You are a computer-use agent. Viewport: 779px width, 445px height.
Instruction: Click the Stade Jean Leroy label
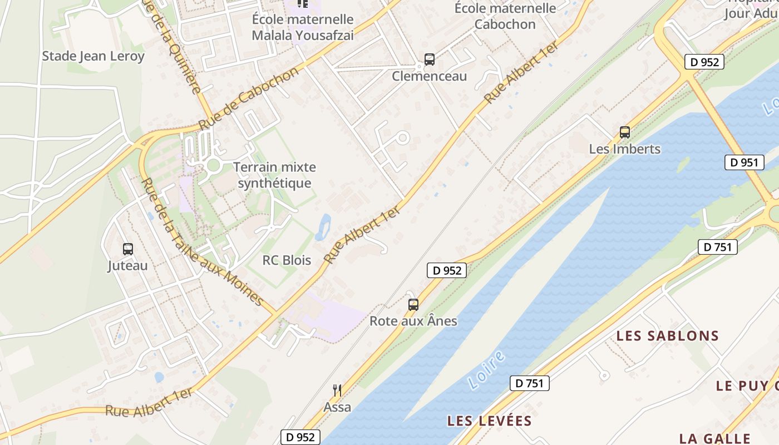93,56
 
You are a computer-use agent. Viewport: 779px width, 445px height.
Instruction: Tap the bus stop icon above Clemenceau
429,60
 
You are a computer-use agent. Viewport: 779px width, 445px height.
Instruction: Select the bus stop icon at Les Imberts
625,132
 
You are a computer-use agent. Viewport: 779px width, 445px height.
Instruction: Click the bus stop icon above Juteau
128,249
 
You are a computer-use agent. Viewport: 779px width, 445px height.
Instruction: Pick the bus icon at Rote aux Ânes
413,305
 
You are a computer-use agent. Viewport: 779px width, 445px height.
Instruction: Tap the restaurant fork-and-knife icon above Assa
337,390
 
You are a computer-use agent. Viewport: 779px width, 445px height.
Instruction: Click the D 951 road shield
744,162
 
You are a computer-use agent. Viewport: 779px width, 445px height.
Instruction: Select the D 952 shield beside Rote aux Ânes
446,270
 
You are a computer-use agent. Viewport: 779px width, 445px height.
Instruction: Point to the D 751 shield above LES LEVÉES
530,383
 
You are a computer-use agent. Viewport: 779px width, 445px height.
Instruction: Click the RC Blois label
287,260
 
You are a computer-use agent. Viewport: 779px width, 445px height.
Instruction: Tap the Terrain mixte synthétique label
274,175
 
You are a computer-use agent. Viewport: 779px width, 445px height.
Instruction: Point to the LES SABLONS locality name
668,336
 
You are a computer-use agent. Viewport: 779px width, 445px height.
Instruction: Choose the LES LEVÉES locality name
490,421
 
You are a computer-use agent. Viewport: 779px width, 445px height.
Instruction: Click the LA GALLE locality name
714,438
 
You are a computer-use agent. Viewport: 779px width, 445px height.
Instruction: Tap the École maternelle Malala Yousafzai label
303,27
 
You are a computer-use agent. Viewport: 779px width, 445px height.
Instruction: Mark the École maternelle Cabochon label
505,16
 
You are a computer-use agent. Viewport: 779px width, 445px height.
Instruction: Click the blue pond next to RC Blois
323,227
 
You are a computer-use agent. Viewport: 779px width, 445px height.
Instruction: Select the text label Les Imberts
625,149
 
